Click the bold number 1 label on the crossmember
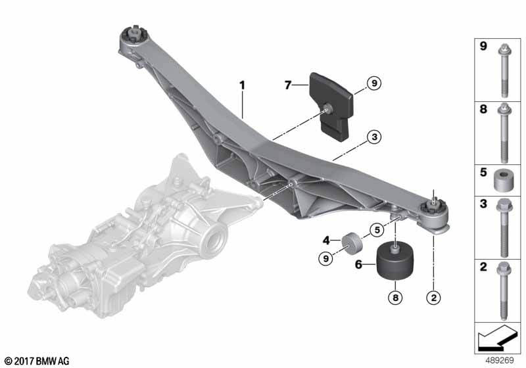(242, 85)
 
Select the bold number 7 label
(287, 85)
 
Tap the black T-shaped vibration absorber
(331, 106)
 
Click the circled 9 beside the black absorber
(374, 83)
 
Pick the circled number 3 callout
(374, 137)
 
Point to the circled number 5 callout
(377, 230)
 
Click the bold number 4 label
(326, 241)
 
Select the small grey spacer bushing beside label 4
(352, 242)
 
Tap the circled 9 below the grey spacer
(325, 258)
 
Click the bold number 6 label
(358, 264)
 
